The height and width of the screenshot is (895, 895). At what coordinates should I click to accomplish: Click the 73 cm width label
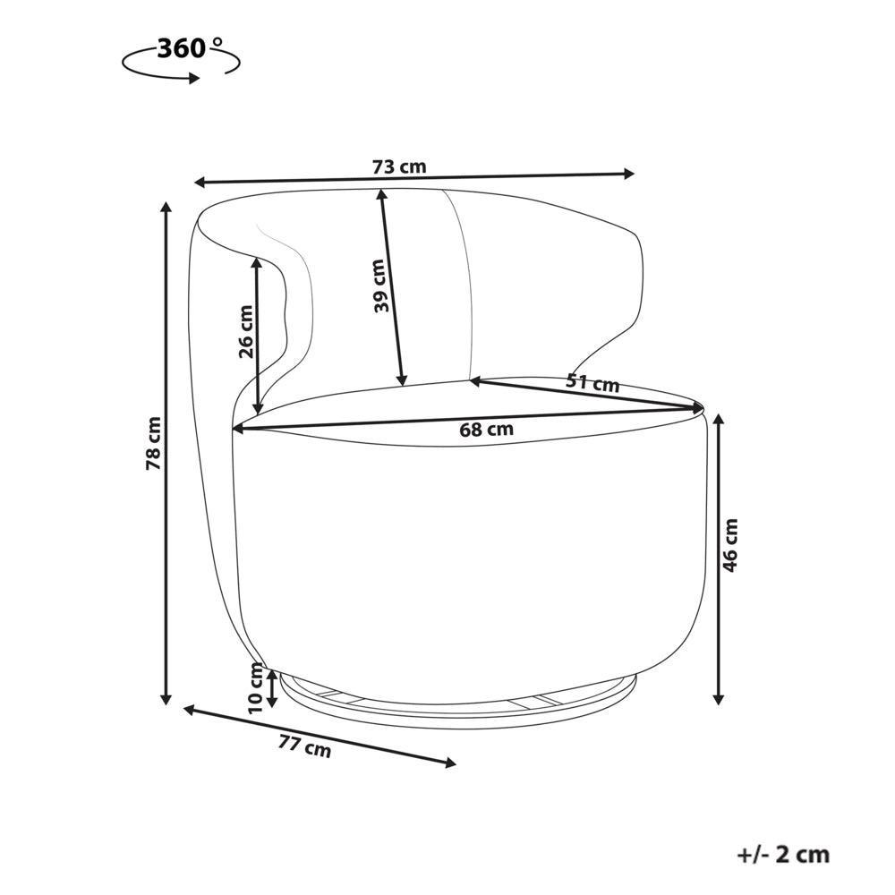pos(399,166)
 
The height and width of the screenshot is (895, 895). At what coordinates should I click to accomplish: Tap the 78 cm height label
pos(154,443)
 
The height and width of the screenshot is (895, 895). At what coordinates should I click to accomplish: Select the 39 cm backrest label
pos(380,286)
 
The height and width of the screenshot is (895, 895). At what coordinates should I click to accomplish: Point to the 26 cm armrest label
pos(245,331)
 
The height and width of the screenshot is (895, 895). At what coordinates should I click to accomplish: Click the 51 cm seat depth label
pos(592,382)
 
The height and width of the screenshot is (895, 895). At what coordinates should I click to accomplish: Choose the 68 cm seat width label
pos(486,429)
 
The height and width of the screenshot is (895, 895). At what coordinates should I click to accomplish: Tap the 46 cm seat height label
pos(730,545)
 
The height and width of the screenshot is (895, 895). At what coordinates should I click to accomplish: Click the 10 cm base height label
pos(256,687)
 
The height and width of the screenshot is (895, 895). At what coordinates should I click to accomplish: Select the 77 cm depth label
pos(305,746)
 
